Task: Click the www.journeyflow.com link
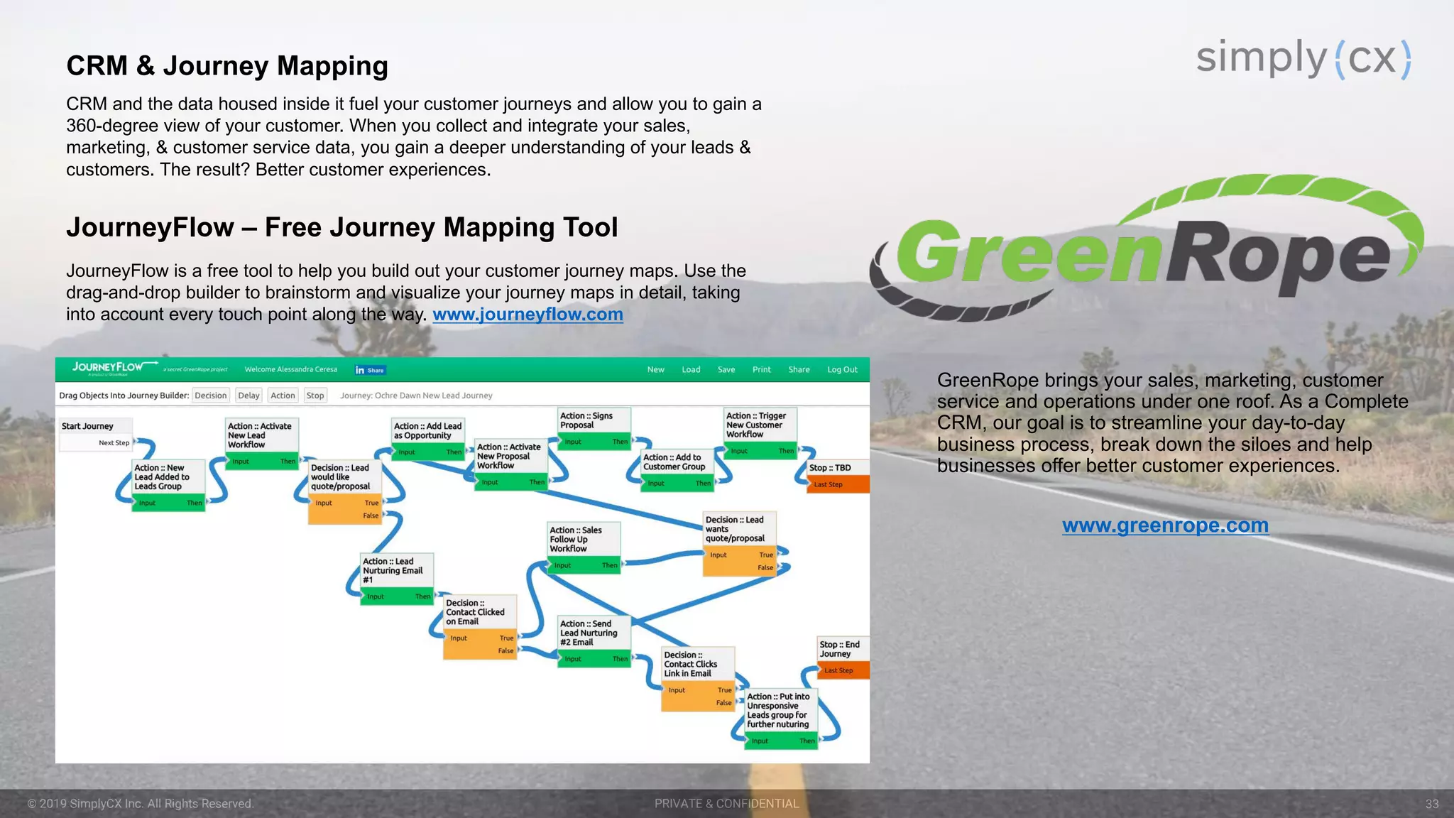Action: (x=528, y=315)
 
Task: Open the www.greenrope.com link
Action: (x=1165, y=525)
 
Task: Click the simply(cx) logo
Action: (x=1303, y=58)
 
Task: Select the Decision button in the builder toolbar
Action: (x=211, y=396)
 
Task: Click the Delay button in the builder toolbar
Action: (x=248, y=396)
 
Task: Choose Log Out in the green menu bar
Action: (x=842, y=370)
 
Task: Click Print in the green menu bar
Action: (x=761, y=370)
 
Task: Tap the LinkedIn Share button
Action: (x=370, y=370)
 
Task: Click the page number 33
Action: (x=1431, y=804)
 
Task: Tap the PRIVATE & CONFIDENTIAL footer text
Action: (x=726, y=804)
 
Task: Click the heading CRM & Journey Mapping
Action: (x=227, y=66)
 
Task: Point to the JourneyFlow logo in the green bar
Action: (x=108, y=368)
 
